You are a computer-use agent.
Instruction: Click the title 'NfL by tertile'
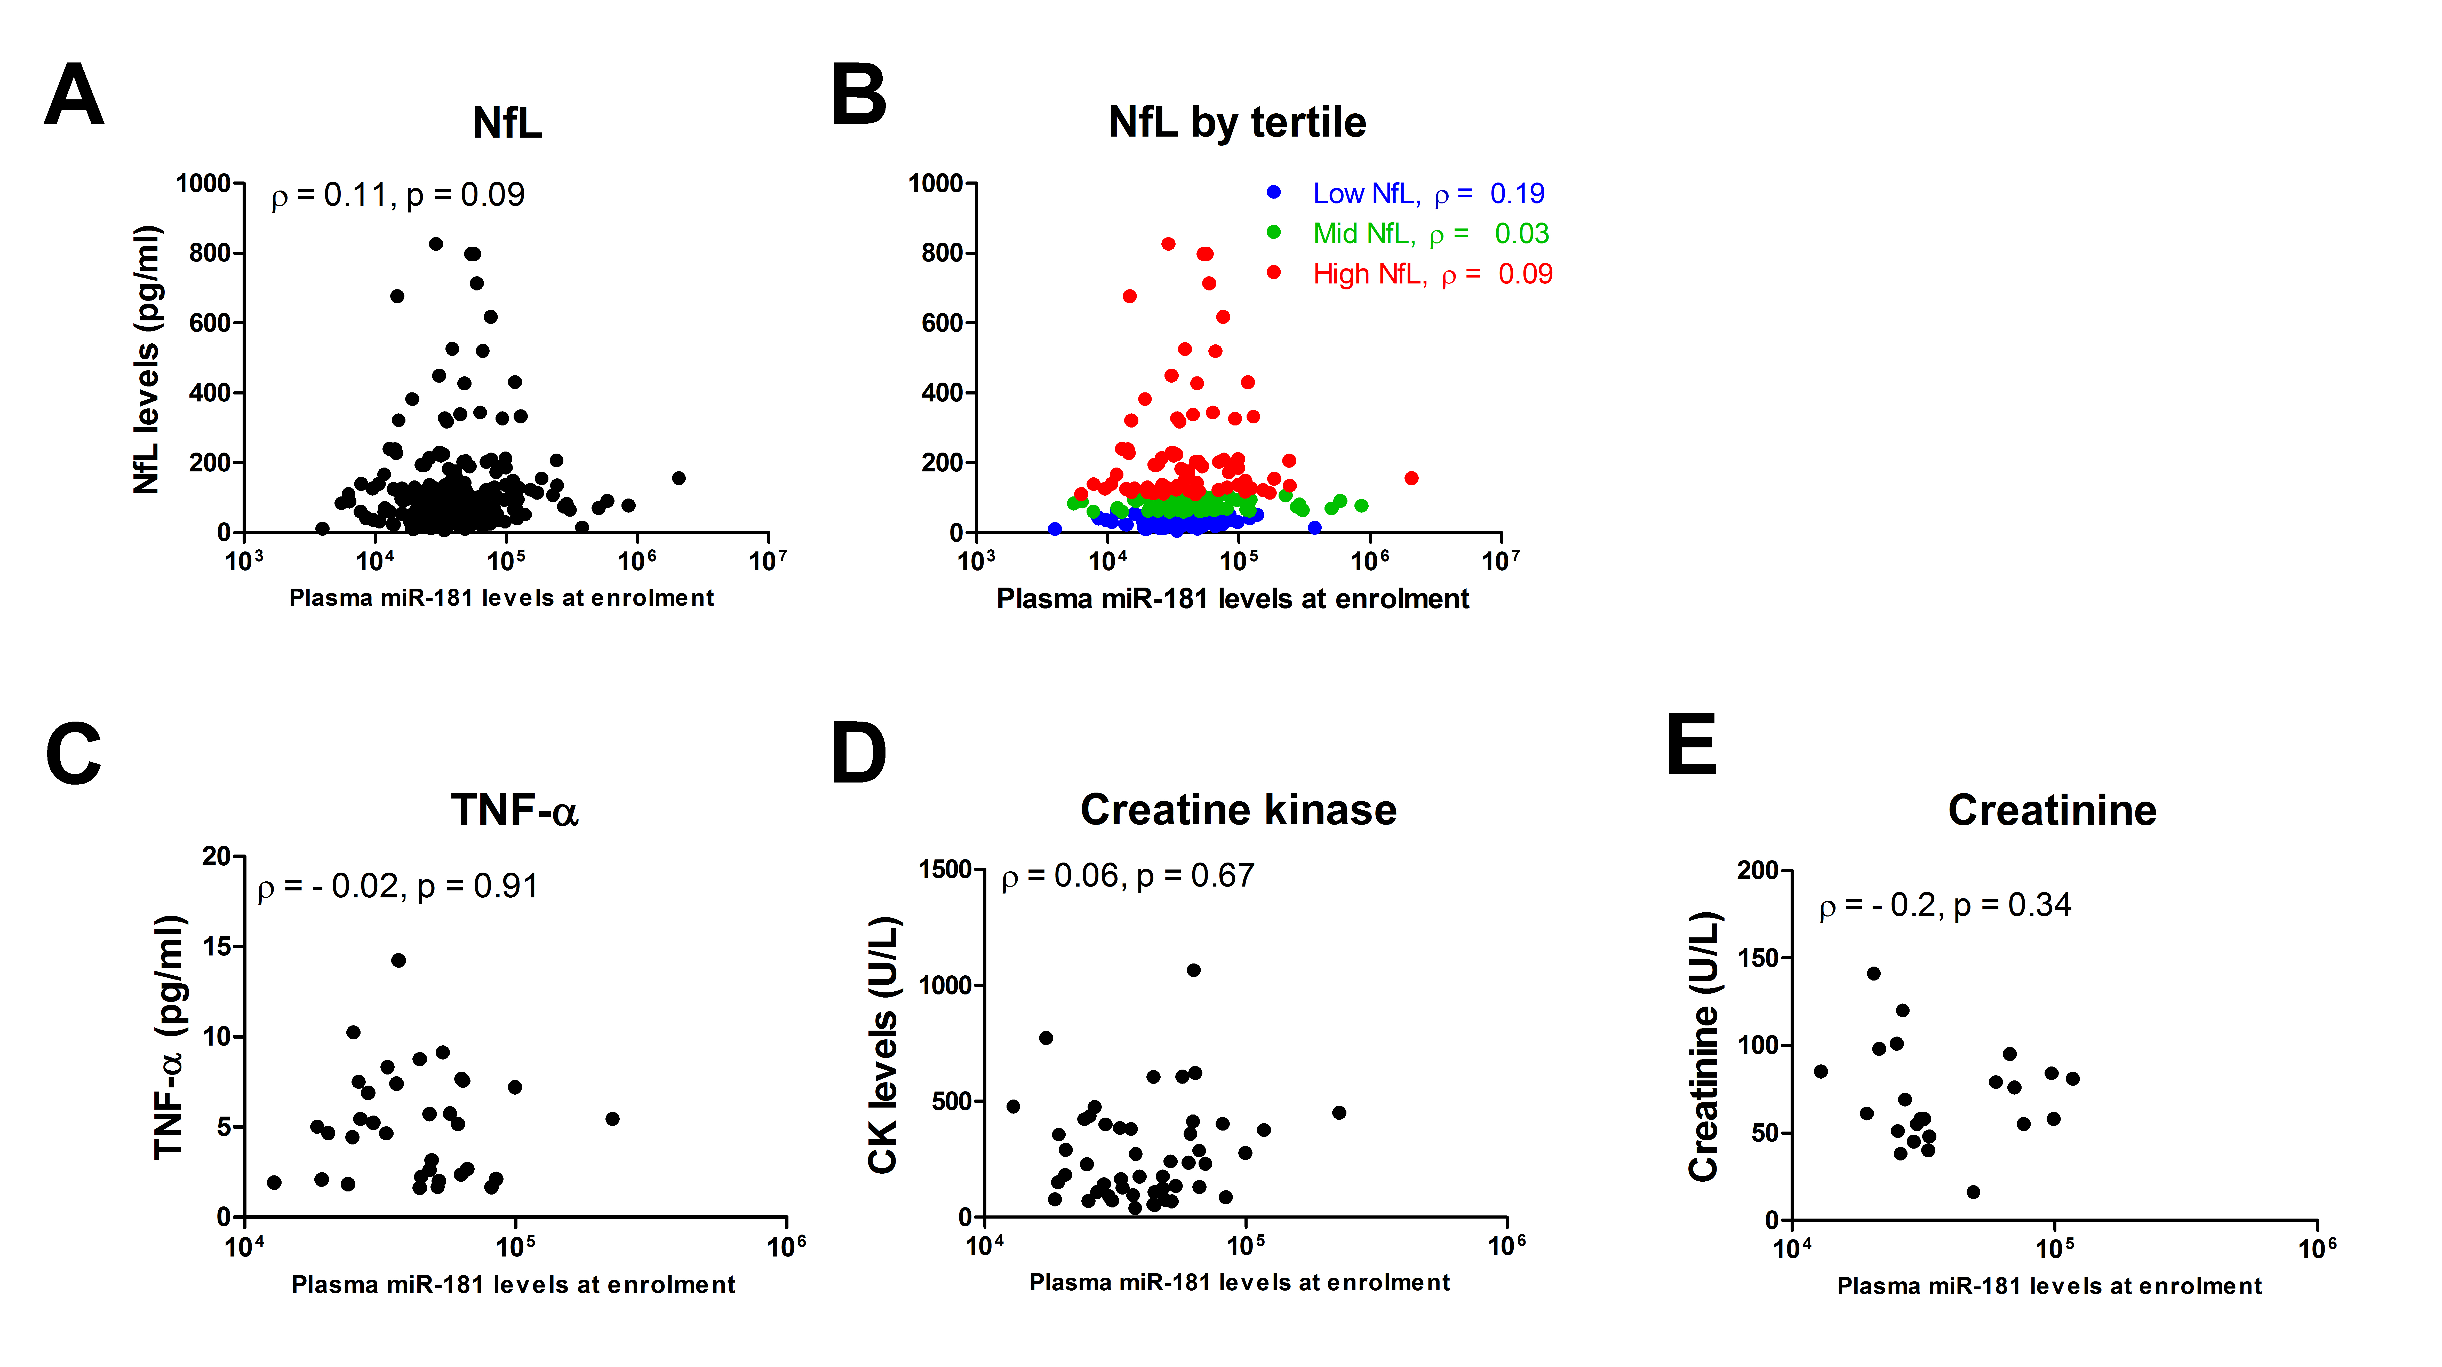click(x=1237, y=122)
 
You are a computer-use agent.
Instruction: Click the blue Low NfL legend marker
click(x=1274, y=192)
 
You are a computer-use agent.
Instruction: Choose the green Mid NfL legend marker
click(x=1274, y=232)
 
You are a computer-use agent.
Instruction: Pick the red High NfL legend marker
click(x=1274, y=273)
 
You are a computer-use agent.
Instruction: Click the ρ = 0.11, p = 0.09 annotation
click(x=398, y=195)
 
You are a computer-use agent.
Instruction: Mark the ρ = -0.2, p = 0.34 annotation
click(x=1944, y=905)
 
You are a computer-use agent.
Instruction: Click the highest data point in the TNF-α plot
click(x=398, y=960)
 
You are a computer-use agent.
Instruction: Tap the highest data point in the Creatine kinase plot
click(x=1193, y=970)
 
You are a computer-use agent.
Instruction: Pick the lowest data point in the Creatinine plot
click(x=1973, y=1192)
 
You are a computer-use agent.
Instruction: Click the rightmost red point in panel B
click(x=1411, y=478)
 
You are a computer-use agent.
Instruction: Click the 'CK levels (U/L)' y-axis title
click(x=883, y=1045)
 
